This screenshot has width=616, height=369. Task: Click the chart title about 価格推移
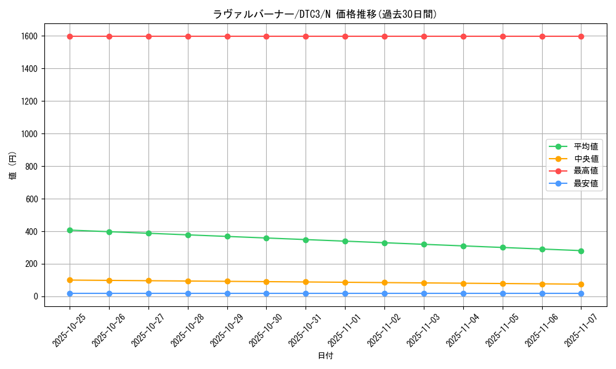pos(325,14)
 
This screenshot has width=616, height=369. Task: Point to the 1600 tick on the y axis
pos(29,36)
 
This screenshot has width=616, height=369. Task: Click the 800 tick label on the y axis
pos(31,166)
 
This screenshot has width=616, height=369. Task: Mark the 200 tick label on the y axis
pos(31,264)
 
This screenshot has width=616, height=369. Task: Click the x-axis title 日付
pos(325,356)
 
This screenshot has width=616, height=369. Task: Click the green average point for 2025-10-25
pos(70,230)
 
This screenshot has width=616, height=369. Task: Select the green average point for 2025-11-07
pos(581,251)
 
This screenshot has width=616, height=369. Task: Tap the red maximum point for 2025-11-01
pos(345,36)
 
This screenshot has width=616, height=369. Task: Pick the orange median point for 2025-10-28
pos(188,281)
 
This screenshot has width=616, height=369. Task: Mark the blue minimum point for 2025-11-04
pos(463,293)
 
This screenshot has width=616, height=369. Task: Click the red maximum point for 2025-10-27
pos(148,36)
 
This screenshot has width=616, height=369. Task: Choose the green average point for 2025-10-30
pos(266,238)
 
